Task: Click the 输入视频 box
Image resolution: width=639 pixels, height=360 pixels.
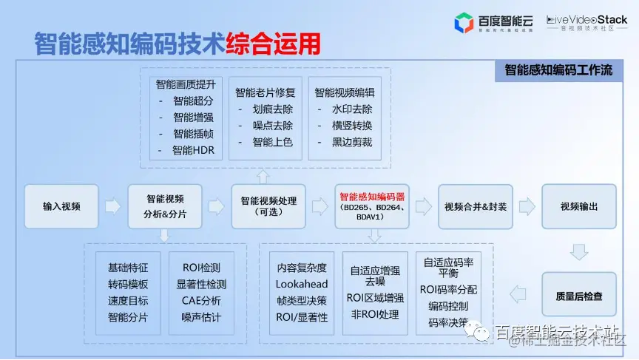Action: click(61, 206)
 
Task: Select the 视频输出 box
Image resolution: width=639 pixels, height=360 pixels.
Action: click(579, 206)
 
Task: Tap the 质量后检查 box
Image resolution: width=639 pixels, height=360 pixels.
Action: click(579, 296)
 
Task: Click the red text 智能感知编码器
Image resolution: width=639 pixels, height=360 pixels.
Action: click(372, 197)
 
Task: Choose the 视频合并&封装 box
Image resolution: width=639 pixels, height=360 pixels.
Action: click(476, 206)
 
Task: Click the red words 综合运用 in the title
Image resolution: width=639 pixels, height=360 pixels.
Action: click(274, 44)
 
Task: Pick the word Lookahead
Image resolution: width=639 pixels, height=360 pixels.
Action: click(302, 284)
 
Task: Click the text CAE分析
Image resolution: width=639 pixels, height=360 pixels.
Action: click(201, 301)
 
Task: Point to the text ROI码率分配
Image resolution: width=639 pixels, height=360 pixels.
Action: click(448, 289)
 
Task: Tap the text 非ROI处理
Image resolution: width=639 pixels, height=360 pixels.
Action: click(375, 314)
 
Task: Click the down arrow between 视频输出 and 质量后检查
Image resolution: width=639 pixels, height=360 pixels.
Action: click(579, 252)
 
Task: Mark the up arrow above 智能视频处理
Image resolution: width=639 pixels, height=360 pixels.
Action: click(263, 177)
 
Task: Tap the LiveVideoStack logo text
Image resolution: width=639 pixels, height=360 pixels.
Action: click(587, 20)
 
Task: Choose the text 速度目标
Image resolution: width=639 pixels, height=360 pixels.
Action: click(128, 301)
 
